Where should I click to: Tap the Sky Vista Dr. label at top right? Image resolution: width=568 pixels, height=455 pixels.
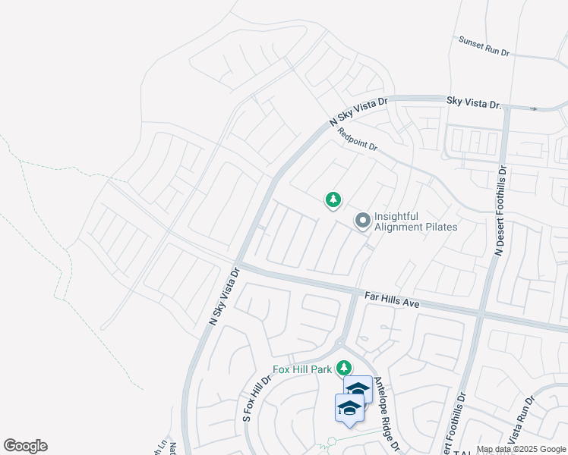pos(475,102)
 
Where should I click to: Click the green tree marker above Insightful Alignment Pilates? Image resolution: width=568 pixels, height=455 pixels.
pos(333,199)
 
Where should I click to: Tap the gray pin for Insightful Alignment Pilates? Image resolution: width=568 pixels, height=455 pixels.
pos(363,221)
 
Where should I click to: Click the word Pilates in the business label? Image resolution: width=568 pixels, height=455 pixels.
pos(436,227)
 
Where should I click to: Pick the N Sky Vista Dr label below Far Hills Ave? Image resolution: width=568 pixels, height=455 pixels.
pos(223,297)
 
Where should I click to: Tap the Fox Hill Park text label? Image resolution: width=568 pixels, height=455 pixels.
pos(303,369)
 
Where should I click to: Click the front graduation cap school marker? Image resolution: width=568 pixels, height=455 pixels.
pos(349,407)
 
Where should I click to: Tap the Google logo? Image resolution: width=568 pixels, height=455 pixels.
pos(25,446)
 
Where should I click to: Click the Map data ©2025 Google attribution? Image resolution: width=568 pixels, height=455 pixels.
pos(520,449)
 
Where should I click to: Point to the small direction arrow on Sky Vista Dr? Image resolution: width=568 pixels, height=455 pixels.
pos(534,108)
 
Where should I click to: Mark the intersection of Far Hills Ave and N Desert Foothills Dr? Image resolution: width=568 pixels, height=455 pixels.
pos(480,312)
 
